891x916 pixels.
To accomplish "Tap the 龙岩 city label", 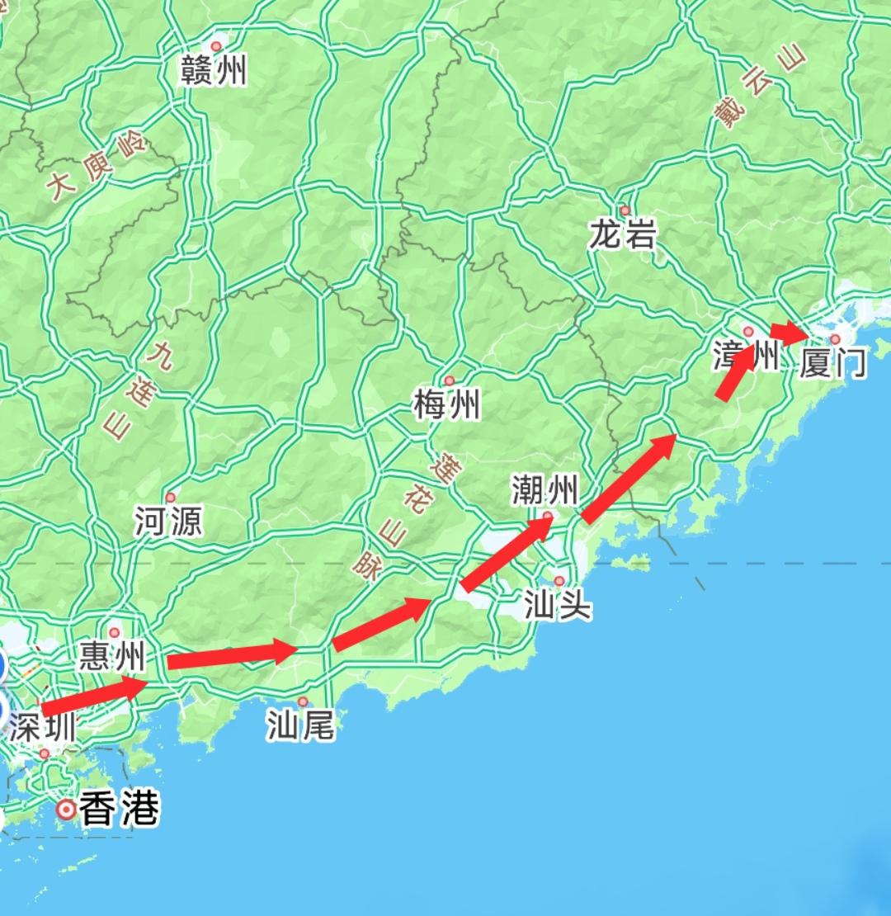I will click(x=623, y=236).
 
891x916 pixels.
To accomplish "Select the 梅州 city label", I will click(x=446, y=405).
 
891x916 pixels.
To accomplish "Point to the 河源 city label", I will click(x=168, y=522).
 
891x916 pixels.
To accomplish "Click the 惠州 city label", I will click(x=112, y=658).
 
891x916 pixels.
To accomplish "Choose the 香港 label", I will click(x=119, y=810).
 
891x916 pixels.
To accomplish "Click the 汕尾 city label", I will click(x=300, y=726).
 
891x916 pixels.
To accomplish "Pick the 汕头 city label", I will click(x=558, y=607).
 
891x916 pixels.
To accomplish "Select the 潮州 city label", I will click(x=544, y=491).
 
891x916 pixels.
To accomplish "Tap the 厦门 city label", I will click(x=833, y=363).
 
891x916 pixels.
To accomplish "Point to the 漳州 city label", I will click(x=745, y=357).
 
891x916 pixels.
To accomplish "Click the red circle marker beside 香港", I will click(x=65, y=810).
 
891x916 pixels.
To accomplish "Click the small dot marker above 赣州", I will click(x=216, y=46).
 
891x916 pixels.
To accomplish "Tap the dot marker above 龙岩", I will click(x=625, y=210).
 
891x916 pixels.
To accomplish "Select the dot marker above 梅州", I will click(x=449, y=380).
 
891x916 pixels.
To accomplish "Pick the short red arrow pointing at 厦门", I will click(x=790, y=332).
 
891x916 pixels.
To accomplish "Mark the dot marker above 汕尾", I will click(x=303, y=701).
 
